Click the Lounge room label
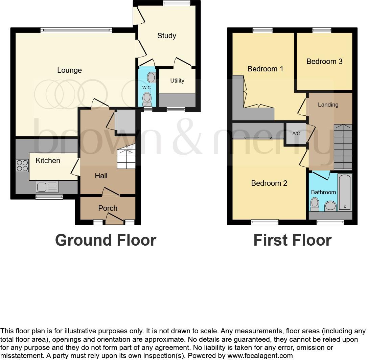[x=69, y=70]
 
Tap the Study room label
[x=167, y=36]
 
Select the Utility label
[x=177, y=81]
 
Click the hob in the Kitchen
[x=22, y=165]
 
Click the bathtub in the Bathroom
[x=345, y=192]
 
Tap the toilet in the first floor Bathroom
[x=315, y=204]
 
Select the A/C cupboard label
[x=296, y=133]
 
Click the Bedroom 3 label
[x=324, y=61]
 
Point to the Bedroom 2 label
[x=269, y=183]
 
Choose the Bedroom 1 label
[x=266, y=69]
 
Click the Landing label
[x=328, y=105]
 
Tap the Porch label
[x=108, y=208]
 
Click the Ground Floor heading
[x=106, y=240]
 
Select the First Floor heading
[x=292, y=240]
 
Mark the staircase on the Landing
[x=343, y=147]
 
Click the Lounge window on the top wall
[x=76, y=30]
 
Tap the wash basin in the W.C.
[x=152, y=78]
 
